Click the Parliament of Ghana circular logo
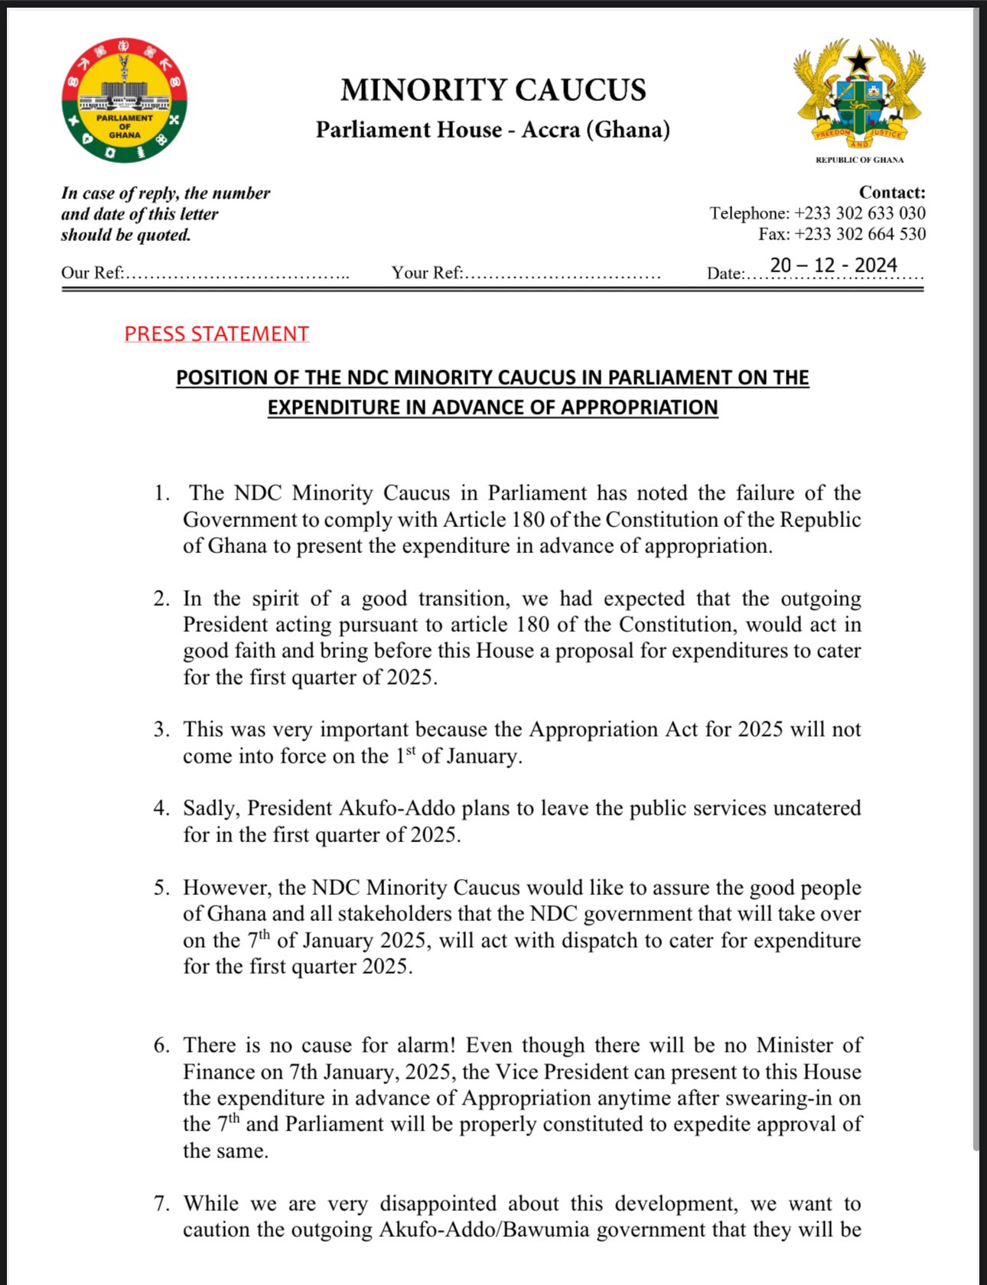click(x=125, y=100)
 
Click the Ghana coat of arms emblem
click(x=859, y=93)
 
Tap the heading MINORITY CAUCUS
click(x=493, y=90)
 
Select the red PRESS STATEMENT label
click(x=217, y=334)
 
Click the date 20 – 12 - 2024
click(x=833, y=265)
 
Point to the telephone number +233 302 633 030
click(x=859, y=213)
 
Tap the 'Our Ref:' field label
click(x=93, y=273)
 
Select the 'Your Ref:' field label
click(x=427, y=273)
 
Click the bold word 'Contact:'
click(x=892, y=193)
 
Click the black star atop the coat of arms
click(x=860, y=60)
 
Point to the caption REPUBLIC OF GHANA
click(x=859, y=160)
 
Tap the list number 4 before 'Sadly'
click(x=161, y=808)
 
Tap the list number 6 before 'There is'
click(x=161, y=1046)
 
